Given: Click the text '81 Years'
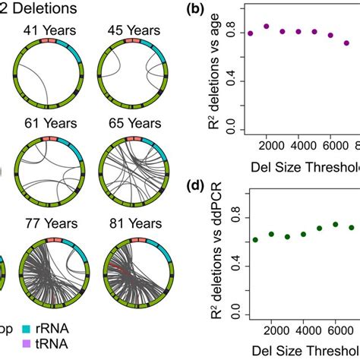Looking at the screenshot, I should click(x=130, y=223).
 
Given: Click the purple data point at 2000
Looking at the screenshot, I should click(x=266, y=26).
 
